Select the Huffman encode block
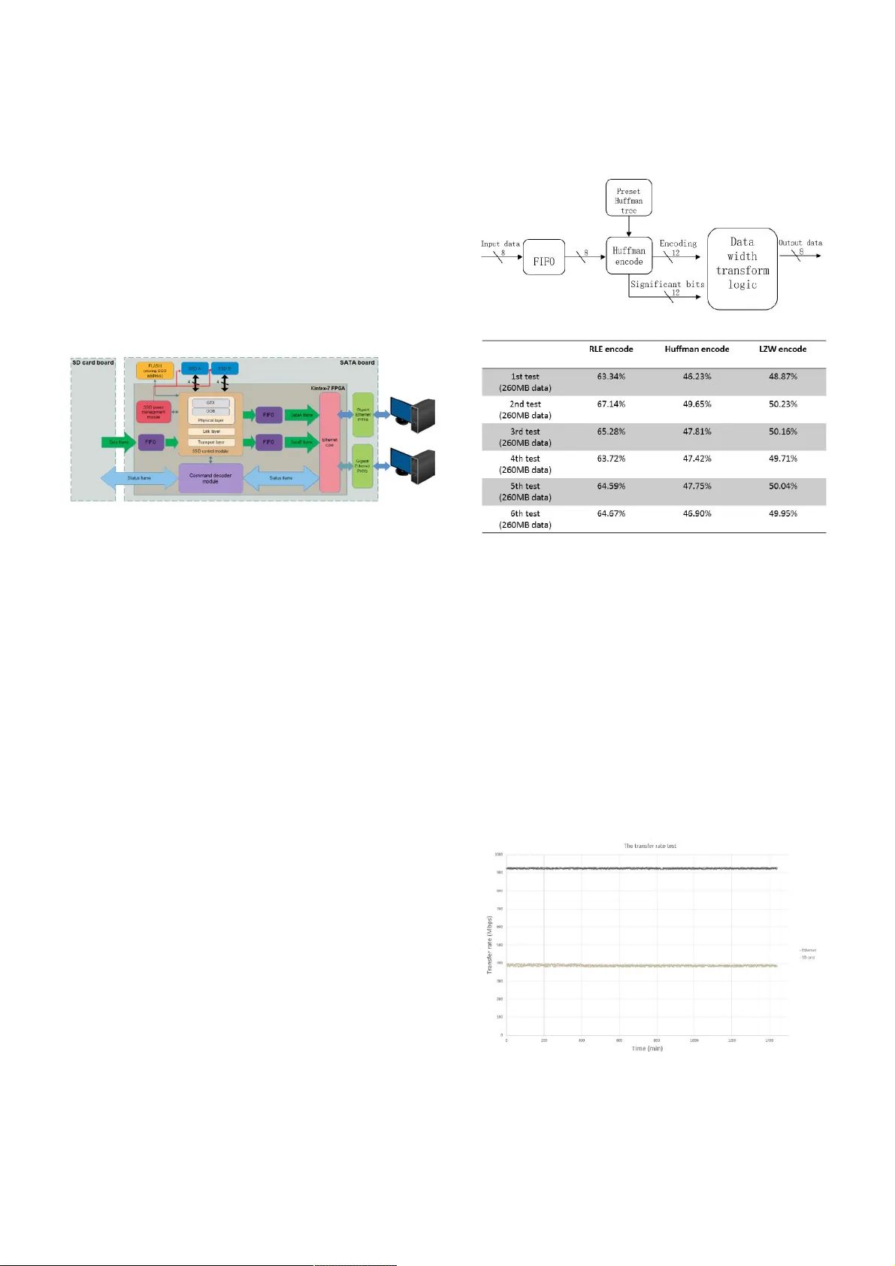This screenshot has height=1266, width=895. (x=628, y=256)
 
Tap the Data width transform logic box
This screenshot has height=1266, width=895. (x=742, y=268)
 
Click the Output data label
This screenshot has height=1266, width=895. (x=800, y=243)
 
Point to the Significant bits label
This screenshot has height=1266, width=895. (x=667, y=284)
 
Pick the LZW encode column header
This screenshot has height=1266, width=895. (x=782, y=349)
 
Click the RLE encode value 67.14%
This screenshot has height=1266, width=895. (x=611, y=404)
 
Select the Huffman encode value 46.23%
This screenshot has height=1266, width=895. (x=697, y=376)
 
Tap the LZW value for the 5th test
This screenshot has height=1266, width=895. (x=782, y=486)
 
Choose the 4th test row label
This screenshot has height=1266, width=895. (x=525, y=464)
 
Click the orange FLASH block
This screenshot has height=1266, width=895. (x=155, y=370)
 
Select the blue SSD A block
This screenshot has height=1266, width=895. (x=195, y=368)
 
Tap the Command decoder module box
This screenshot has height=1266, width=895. (x=210, y=478)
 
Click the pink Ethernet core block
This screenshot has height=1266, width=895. (x=329, y=442)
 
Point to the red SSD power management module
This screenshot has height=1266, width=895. (x=153, y=412)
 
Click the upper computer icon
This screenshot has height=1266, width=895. (x=413, y=415)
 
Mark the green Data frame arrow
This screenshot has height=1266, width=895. (x=119, y=442)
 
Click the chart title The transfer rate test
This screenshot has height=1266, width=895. (x=649, y=846)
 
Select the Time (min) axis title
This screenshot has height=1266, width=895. (x=647, y=1049)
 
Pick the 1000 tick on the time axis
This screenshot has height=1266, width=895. (x=694, y=1040)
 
